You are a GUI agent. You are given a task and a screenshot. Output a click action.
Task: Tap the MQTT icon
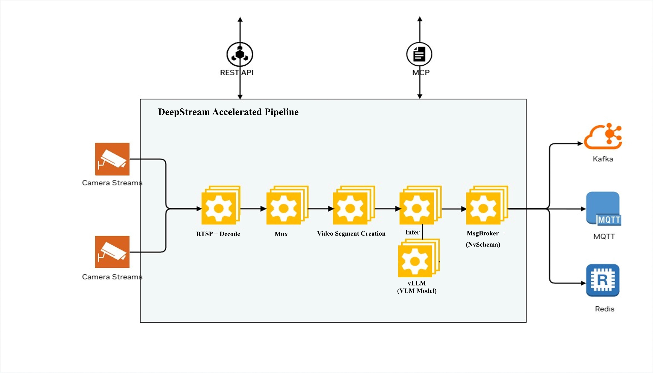(x=603, y=209)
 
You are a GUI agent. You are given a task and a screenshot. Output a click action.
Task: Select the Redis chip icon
(x=603, y=280)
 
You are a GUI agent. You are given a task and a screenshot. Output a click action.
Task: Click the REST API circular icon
(x=240, y=54)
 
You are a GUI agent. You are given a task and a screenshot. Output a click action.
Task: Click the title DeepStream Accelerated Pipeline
(x=228, y=112)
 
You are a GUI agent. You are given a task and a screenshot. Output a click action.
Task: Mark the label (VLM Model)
(x=417, y=291)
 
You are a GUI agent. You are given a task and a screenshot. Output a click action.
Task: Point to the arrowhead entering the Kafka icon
(x=580, y=144)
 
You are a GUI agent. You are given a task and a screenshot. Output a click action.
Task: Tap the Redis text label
(x=604, y=309)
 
